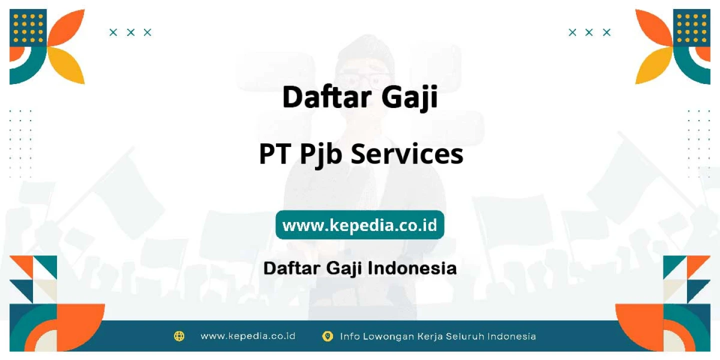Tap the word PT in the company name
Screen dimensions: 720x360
(275, 154)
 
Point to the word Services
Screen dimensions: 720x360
(407, 154)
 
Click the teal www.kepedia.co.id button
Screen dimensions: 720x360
(359, 224)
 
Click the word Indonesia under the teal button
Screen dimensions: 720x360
(412, 268)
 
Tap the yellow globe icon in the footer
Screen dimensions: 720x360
(179, 336)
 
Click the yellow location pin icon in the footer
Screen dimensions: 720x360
(327, 336)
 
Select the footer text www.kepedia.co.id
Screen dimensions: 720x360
(248, 336)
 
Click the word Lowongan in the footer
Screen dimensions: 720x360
(388, 336)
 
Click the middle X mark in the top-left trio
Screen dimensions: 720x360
(130, 32)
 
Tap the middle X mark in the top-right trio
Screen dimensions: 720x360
(589, 32)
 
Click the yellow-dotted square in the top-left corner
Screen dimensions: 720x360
(28, 28)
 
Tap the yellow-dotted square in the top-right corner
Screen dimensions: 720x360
(691, 28)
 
